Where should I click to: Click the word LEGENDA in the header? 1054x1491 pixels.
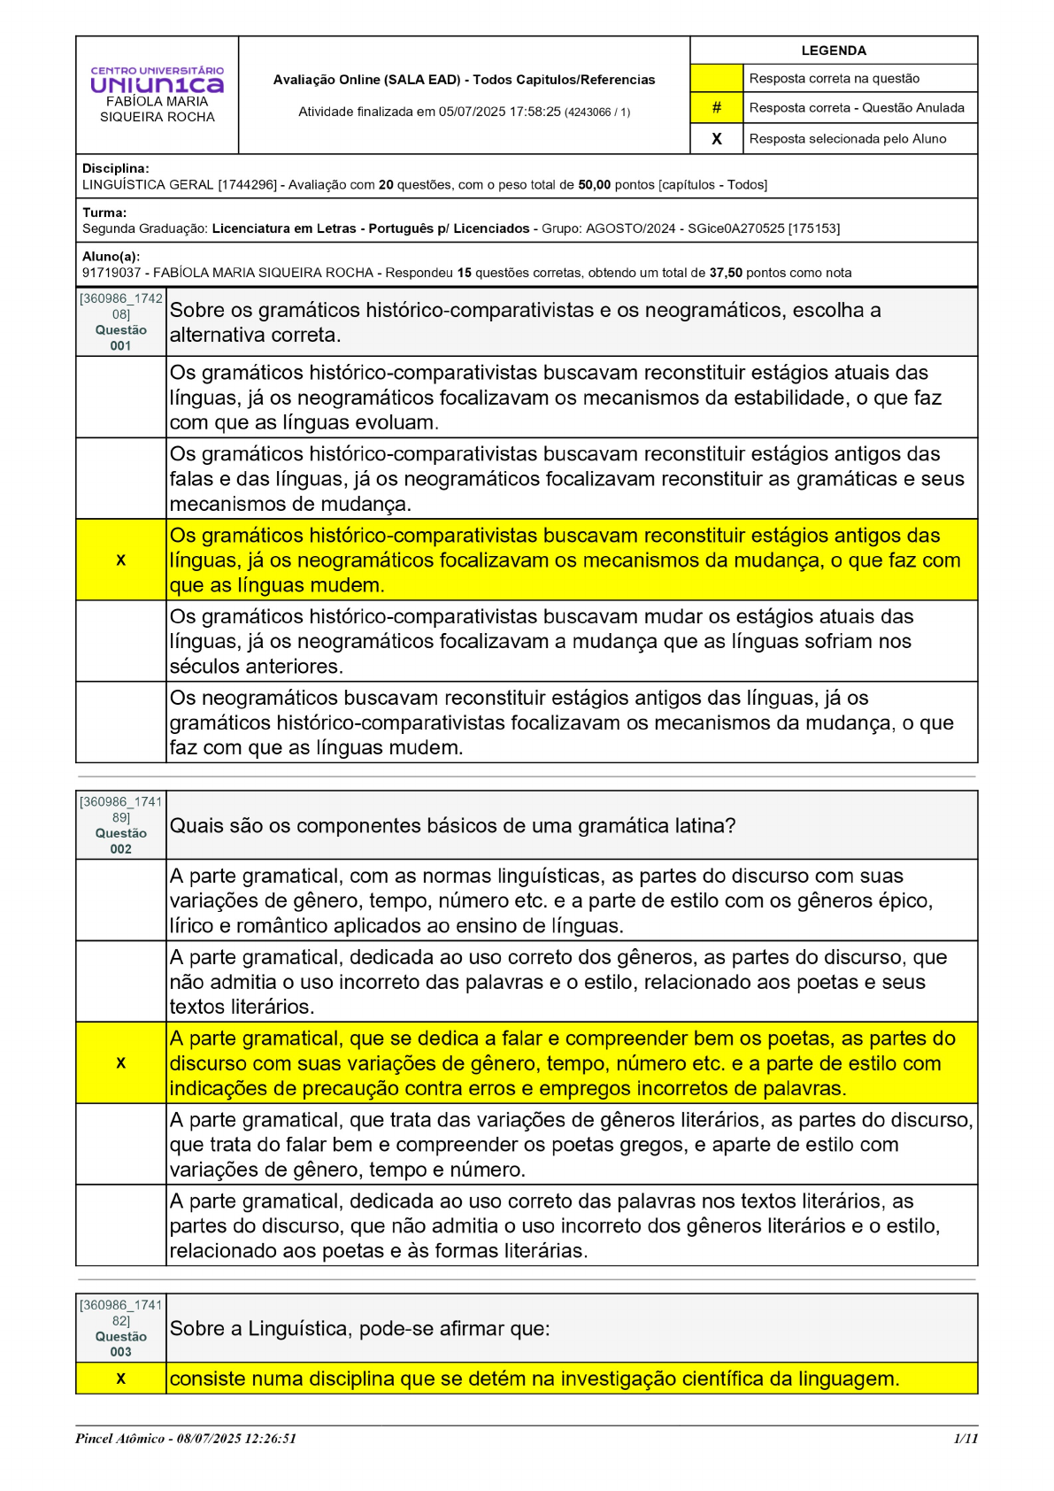833,50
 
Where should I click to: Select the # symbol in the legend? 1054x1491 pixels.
716,107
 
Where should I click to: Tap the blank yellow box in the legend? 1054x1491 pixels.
716,78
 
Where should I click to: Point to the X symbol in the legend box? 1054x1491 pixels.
716,138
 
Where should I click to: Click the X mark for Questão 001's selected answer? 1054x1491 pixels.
120,560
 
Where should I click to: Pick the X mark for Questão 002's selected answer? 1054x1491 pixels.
120,1062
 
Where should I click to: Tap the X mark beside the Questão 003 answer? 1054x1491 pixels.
120,1379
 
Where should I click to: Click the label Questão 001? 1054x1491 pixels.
121,337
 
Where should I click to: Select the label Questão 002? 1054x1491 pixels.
121,840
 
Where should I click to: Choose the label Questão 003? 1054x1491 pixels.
121,1344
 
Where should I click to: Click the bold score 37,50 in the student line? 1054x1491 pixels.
726,273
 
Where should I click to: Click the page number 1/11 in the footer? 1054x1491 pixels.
966,1438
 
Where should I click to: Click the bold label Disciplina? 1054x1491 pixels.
116,168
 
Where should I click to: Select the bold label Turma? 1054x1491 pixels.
104,212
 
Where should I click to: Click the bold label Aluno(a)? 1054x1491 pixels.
112,257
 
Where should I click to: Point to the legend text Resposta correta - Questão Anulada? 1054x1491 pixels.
856,108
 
